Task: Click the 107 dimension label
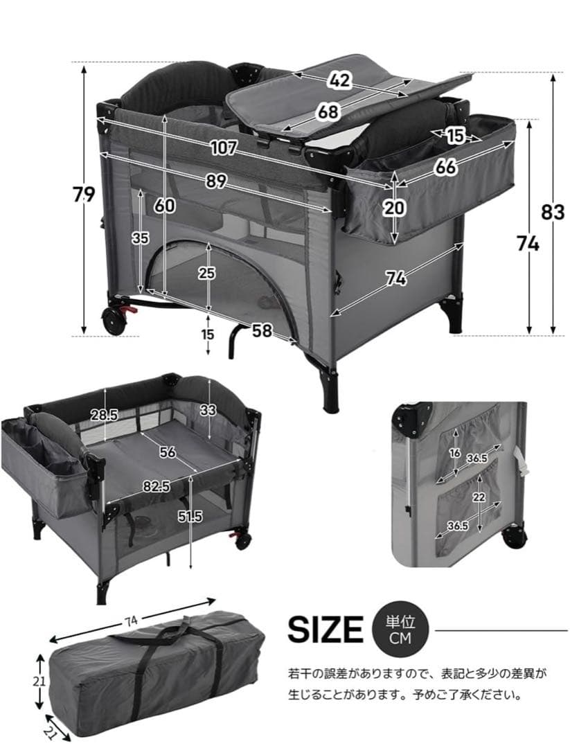point(223,148)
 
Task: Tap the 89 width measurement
point(216,181)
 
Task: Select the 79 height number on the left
point(84,194)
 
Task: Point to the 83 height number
point(553,212)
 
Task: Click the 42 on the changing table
point(339,80)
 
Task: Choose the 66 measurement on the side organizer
point(445,166)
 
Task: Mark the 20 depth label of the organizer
point(395,208)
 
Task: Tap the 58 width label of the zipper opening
point(262,330)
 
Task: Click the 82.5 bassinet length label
point(156,486)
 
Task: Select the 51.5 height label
point(190,516)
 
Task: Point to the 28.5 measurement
point(105,415)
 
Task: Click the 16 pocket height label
point(455,453)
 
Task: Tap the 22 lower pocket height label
point(479,497)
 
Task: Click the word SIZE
point(326,630)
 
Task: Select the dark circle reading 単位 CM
point(400,630)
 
